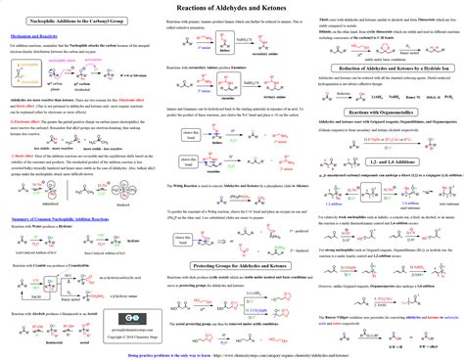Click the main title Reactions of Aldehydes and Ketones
231,8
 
